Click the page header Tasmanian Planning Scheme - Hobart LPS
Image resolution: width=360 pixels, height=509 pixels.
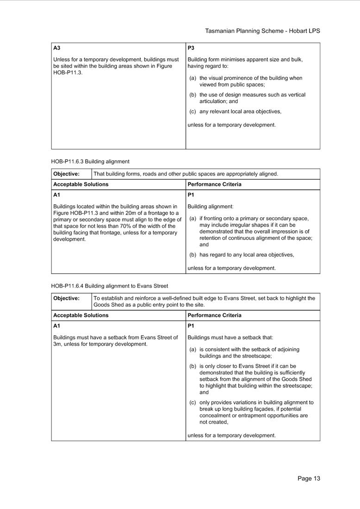click(262, 31)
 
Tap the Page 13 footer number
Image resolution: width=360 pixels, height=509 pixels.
click(309, 478)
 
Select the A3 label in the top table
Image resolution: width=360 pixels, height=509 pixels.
click(57, 48)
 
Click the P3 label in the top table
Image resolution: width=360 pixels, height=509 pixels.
click(191, 48)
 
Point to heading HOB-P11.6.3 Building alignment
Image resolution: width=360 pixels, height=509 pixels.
click(90, 161)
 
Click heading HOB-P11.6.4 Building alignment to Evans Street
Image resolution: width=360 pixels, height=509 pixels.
click(110, 286)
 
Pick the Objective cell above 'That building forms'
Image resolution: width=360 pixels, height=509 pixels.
click(66, 174)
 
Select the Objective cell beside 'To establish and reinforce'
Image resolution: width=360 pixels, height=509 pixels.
click(66, 298)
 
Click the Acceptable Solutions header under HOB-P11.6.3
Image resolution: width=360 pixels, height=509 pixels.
click(81, 184)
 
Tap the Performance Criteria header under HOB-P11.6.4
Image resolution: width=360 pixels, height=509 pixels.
click(215, 315)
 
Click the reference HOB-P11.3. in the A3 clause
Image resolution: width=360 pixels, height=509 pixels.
click(68, 73)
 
